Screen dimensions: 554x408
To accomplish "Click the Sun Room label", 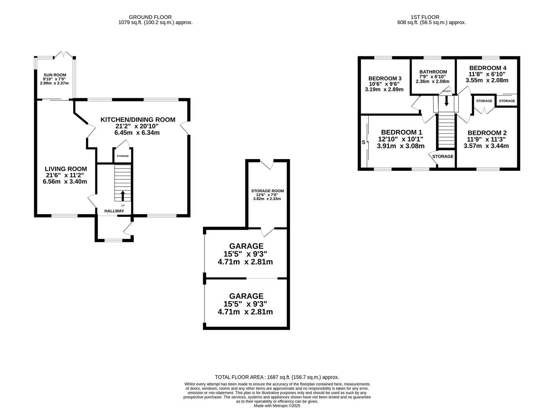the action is (x=55, y=75).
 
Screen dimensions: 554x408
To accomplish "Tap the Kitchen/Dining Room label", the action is (x=138, y=120).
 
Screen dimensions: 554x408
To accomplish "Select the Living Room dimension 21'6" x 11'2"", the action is (x=65, y=175).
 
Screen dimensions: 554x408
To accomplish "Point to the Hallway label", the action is (x=114, y=211).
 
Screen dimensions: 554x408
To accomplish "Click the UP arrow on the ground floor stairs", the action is (x=123, y=196).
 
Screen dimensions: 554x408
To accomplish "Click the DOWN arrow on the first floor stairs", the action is (x=446, y=101).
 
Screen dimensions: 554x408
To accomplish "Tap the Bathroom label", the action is (x=433, y=72).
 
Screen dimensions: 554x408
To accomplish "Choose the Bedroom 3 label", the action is (x=385, y=78).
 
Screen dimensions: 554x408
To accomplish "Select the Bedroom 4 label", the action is (x=488, y=68).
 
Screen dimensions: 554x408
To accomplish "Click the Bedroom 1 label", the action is (x=402, y=132).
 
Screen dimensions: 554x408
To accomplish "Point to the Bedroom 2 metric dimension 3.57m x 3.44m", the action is (x=486, y=146).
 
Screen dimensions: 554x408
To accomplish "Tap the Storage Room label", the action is (x=267, y=191).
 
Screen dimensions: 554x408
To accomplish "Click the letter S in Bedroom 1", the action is (x=363, y=142).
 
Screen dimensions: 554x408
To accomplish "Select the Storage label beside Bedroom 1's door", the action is (x=443, y=156).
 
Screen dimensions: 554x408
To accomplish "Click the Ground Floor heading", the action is (x=150, y=17).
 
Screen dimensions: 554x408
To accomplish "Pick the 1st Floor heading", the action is (x=425, y=17).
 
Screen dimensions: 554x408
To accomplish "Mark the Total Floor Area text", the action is (x=277, y=377).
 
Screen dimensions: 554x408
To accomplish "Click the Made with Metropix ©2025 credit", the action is (x=277, y=405).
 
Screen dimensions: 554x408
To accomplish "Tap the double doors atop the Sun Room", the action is (x=63, y=55).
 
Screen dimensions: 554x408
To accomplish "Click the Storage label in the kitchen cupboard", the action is (x=123, y=156).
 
